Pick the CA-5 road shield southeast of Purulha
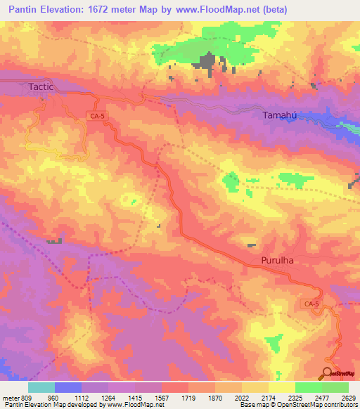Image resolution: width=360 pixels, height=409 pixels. pos(311,304)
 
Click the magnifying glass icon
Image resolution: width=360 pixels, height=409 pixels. pos(327,373)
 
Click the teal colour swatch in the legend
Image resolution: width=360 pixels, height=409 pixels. pos(41,387)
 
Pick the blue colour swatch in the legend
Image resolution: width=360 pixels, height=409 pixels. pos(68,387)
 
